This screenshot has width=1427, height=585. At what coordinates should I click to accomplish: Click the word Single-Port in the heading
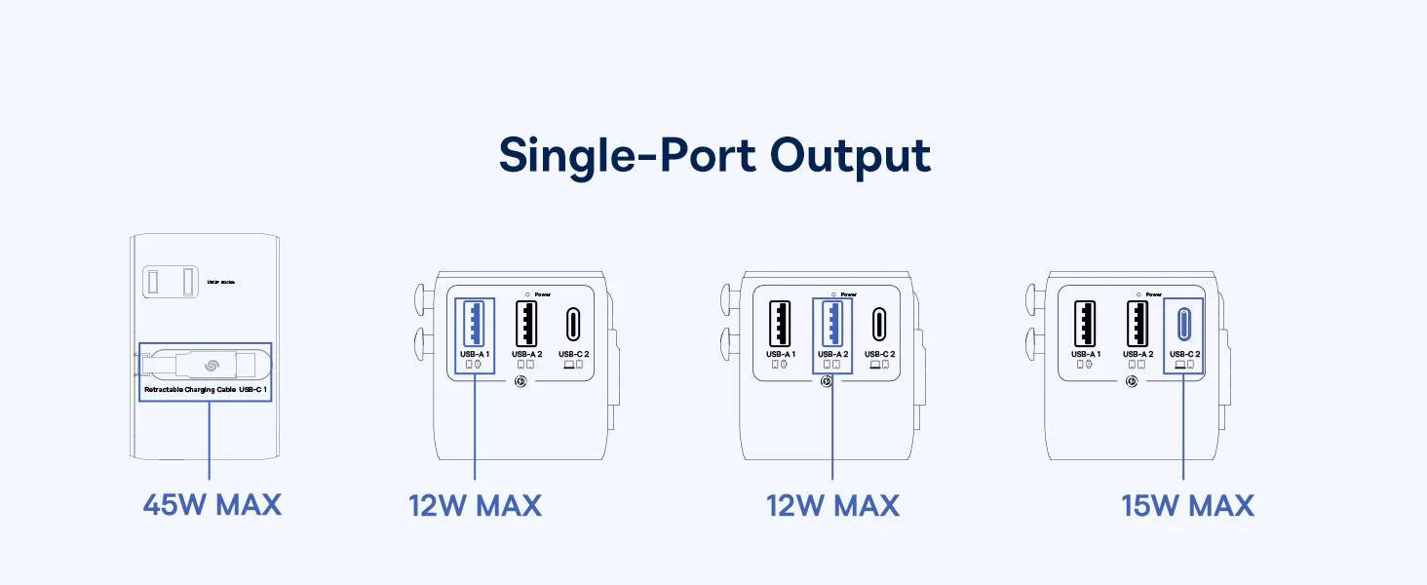tap(624, 157)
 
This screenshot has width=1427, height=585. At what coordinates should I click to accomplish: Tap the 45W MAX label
tap(212, 505)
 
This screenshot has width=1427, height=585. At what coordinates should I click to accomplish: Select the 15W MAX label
tap(1187, 505)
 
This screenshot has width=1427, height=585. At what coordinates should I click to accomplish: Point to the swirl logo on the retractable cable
tap(211, 366)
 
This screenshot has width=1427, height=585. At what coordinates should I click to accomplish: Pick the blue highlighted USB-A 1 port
tap(475, 323)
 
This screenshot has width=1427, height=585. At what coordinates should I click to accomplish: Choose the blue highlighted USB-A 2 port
tap(831, 323)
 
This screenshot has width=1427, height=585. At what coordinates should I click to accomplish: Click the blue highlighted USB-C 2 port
tap(1184, 323)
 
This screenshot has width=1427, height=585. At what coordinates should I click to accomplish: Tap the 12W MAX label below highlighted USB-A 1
tap(475, 505)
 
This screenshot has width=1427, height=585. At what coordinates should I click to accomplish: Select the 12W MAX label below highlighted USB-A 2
tap(832, 505)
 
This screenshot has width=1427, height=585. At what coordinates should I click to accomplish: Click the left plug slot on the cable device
tap(154, 282)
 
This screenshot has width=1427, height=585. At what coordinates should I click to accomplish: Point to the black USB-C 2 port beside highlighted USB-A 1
tap(573, 323)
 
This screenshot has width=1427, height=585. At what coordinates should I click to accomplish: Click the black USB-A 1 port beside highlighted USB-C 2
tap(1085, 323)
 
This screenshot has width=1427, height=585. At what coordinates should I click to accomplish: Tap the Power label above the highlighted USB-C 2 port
tap(1154, 294)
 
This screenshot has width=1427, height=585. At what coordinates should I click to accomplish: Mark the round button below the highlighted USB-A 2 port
tap(827, 381)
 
